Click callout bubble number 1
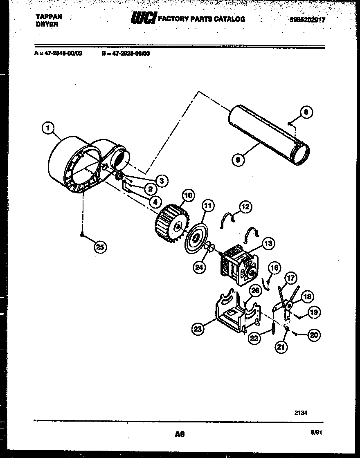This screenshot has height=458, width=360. coord(48,129)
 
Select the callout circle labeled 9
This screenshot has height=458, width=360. coord(238,159)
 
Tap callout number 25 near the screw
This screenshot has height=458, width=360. coord(99,247)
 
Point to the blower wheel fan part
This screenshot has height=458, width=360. coord(170,224)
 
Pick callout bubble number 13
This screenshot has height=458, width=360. coord(268,244)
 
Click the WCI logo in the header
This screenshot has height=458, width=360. coord(142,18)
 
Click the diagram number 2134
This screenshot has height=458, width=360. coord(301,413)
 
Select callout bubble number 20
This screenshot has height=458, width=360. coord(313,335)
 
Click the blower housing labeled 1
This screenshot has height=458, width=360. coord(78,164)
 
